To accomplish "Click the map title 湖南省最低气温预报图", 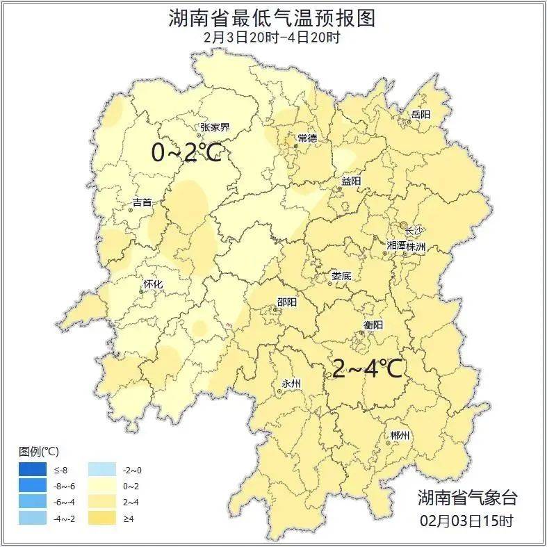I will coord(272,17).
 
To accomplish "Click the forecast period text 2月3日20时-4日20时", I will coord(272,38).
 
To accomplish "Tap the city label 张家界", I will coord(215,127).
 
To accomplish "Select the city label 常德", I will coord(307,138).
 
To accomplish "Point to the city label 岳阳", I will coord(421,114).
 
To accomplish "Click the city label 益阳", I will coord(351,181).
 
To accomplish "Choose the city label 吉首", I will coord(142,203).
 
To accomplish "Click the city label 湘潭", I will coord(396,247).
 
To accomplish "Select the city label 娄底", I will coord(341,276).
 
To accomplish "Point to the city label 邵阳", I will coord(286,302).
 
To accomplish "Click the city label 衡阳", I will coord(373,325).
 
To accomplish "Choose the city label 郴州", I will coord(400,435).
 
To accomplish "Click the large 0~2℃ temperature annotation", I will coord(186,152).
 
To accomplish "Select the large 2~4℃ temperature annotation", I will coord(367,368).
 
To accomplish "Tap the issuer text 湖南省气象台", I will coord(467,498).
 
